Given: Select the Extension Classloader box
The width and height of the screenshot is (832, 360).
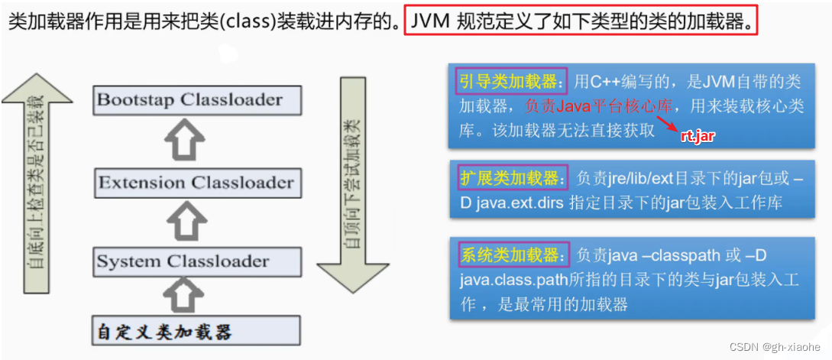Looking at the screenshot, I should coord(196,183).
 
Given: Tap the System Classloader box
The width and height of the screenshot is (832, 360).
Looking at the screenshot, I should coord(196,261).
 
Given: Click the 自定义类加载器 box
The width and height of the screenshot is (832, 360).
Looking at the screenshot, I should coord(196,331).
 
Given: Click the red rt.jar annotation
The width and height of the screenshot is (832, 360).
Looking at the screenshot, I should coord(698,136).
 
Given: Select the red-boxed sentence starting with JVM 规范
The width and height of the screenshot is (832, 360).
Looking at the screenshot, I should coord(581,21).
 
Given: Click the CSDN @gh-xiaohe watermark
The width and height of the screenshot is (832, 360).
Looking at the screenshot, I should coord(775,347).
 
